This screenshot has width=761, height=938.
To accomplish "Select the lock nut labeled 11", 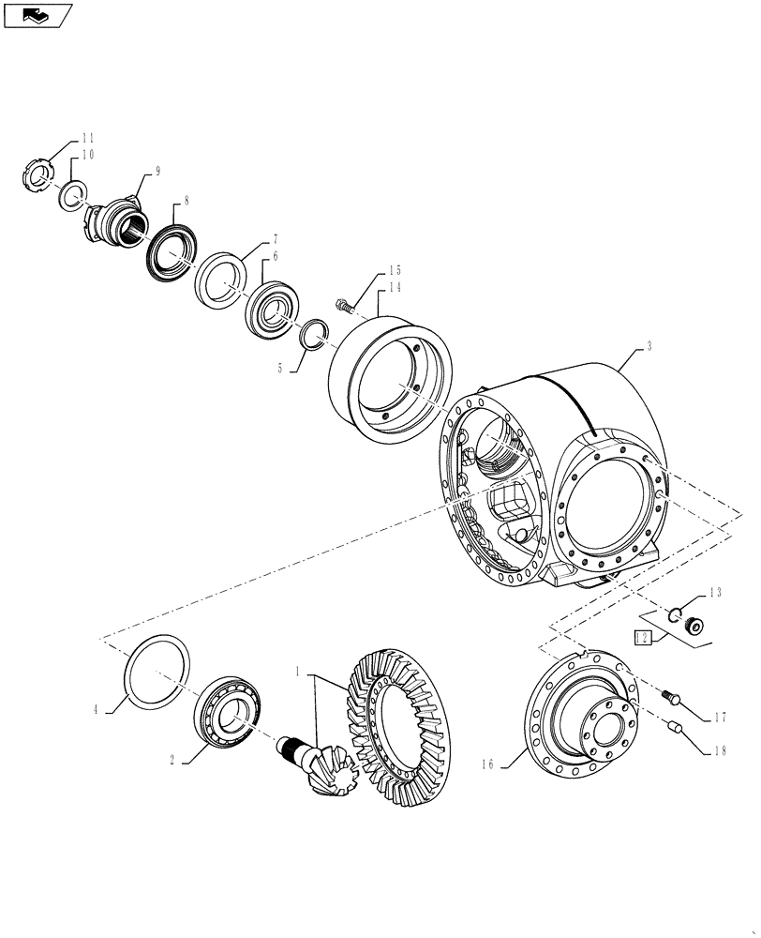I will click(34, 177).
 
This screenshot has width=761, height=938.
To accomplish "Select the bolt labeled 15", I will click(345, 304).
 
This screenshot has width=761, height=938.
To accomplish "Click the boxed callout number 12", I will click(642, 638).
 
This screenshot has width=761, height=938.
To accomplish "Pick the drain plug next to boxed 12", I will click(696, 628).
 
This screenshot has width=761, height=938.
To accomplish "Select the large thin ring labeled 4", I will click(157, 670).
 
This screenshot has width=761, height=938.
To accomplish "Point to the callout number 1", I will click(298, 673).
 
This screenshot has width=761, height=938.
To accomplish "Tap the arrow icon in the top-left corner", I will click(37, 14).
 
